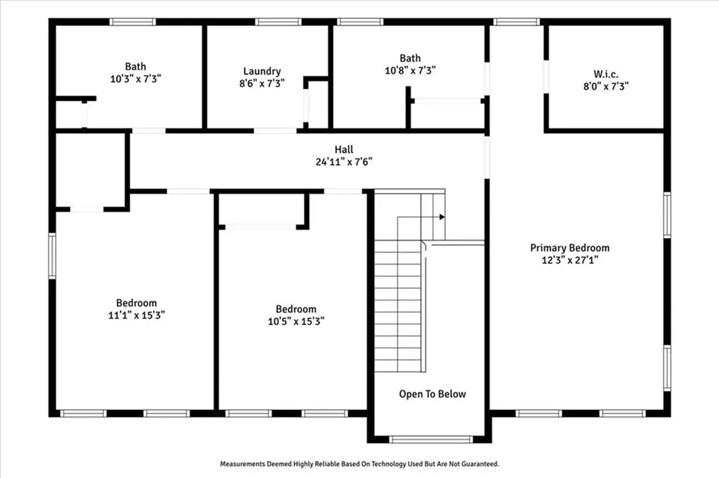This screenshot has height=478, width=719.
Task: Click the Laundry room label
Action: pyautogui.click(x=262, y=71)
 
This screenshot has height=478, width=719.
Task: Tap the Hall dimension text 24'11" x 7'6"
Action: pyautogui.click(x=343, y=161)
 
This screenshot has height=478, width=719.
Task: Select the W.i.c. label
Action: pyautogui.click(x=605, y=74)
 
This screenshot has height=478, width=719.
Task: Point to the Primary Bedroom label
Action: pyautogui.click(x=569, y=248)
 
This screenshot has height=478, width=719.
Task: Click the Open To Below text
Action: pyautogui.click(x=432, y=394)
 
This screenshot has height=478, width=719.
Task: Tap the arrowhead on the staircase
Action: pyautogui.click(x=442, y=217)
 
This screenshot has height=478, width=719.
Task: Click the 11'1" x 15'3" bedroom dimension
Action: pyautogui.click(x=136, y=315)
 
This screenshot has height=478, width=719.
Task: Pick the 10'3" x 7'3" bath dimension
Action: pyautogui.click(x=136, y=79)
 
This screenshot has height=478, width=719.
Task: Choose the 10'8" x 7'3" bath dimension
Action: pyautogui.click(x=411, y=70)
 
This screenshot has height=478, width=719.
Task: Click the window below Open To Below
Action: pyautogui.click(x=430, y=439)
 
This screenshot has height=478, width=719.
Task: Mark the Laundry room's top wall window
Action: pyautogui.click(x=278, y=22)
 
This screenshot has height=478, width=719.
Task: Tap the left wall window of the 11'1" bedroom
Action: pyautogui.click(x=52, y=256)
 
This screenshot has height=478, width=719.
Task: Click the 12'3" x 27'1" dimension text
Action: pyautogui.click(x=569, y=260)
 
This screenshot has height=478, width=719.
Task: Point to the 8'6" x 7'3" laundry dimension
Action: pyautogui.click(x=262, y=83)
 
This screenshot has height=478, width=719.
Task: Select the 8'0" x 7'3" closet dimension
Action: pyautogui.click(x=605, y=86)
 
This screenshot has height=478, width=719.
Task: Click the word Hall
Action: pyautogui.click(x=343, y=150)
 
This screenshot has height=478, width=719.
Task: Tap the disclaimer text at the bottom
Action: pyautogui.click(x=359, y=464)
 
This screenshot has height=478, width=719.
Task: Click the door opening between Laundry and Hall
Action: pyautogui.click(x=275, y=131)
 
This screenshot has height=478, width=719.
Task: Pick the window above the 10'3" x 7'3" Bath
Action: pyautogui.click(x=133, y=22)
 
